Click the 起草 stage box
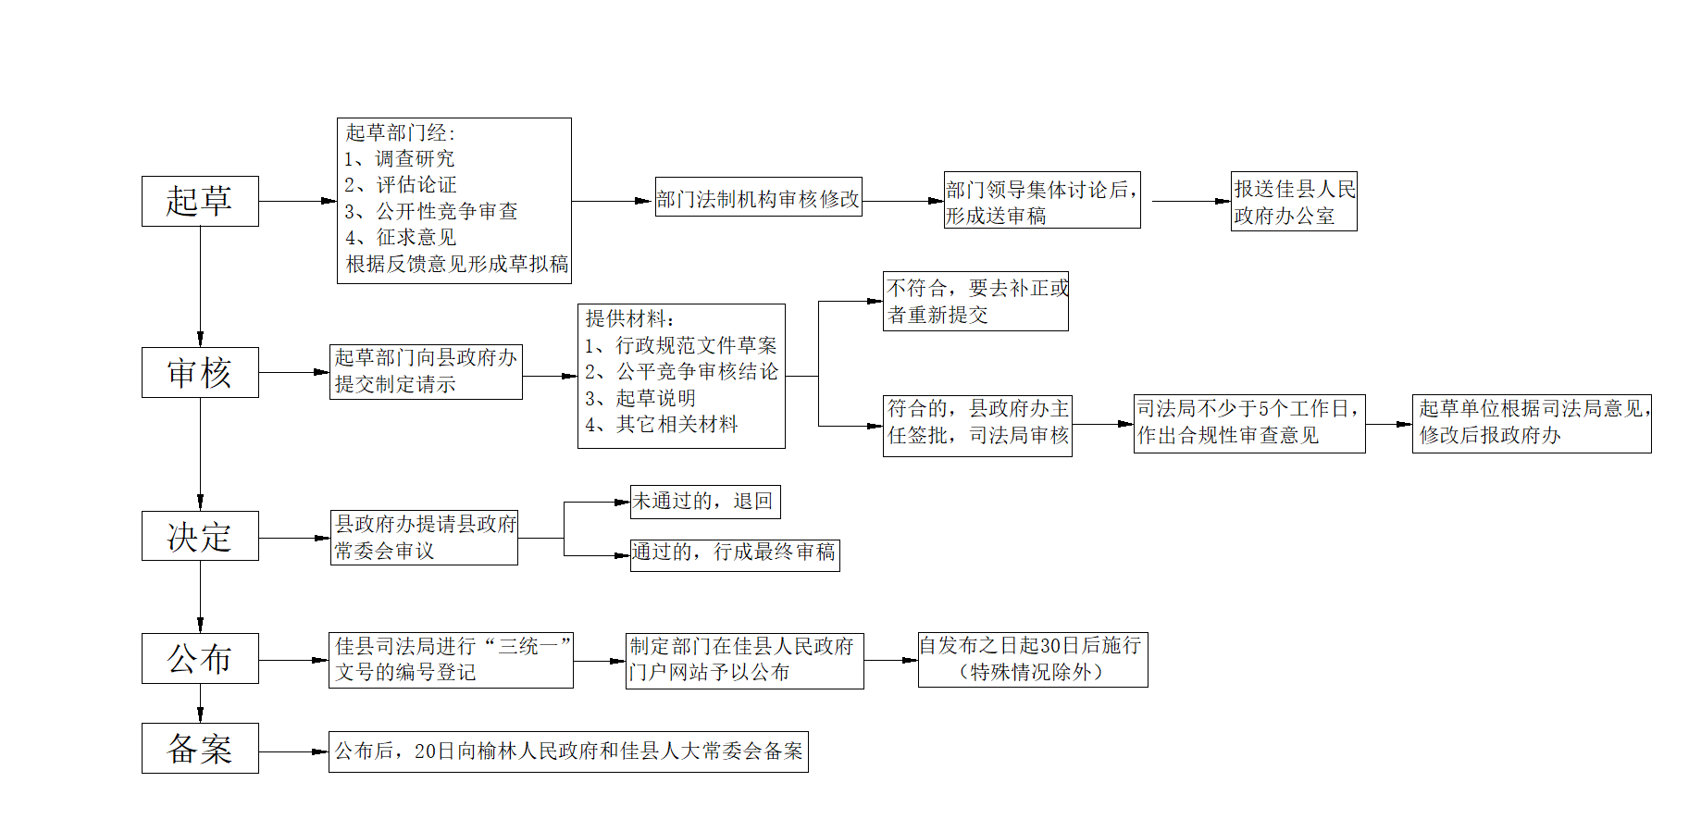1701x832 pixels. [x=200, y=201]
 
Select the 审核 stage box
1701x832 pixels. [x=200, y=372]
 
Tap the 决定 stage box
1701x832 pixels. [x=200, y=536]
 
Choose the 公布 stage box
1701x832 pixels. [x=200, y=658]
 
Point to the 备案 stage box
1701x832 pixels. [x=200, y=748]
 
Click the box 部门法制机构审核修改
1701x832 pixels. [x=759, y=197]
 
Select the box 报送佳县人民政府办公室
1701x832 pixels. [x=1294, y=201]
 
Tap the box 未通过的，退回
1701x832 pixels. [x=705, y=502]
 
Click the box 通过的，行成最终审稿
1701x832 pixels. [x=735, y=554]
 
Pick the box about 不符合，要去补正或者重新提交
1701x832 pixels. [x=975, y=301]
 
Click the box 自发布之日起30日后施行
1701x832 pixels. [x=1033, y=660]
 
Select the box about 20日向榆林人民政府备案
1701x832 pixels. [x=568, y=751]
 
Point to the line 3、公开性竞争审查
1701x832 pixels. [x=431, y=211]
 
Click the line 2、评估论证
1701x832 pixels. [x=401, y=185]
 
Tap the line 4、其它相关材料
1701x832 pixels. [x=662, y=425]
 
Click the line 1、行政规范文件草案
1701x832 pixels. [x=681, y=345]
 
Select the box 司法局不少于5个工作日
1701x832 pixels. [x=1249, y=424]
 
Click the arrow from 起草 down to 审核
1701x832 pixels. [x=200, y=287]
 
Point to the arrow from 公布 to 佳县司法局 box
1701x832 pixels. [x=294, y=661]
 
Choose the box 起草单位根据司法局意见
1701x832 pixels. [x=1532, y=424]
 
